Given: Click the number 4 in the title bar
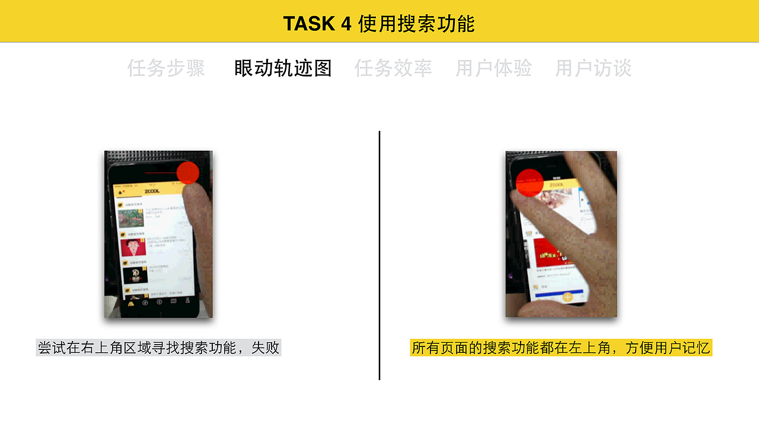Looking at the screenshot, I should point(346,24).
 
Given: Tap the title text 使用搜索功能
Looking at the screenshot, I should point(416,24).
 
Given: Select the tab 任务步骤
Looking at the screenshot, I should point(166,69).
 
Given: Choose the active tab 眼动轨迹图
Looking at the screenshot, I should point(283,69).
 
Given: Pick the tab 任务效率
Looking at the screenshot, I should point(393,69).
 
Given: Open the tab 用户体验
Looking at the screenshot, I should point(493,69).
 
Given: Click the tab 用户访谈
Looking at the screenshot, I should point(593,69).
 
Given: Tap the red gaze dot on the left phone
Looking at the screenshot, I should point(188,173).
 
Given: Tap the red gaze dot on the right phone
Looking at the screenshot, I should point(530,182).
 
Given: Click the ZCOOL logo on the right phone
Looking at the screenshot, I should point(556,185).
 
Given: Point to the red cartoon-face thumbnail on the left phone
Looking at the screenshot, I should point(133,247).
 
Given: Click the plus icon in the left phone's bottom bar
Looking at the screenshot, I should point(159,302).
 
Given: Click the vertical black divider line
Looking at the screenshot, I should point(379,255).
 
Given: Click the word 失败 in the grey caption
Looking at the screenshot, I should point(265,348).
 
